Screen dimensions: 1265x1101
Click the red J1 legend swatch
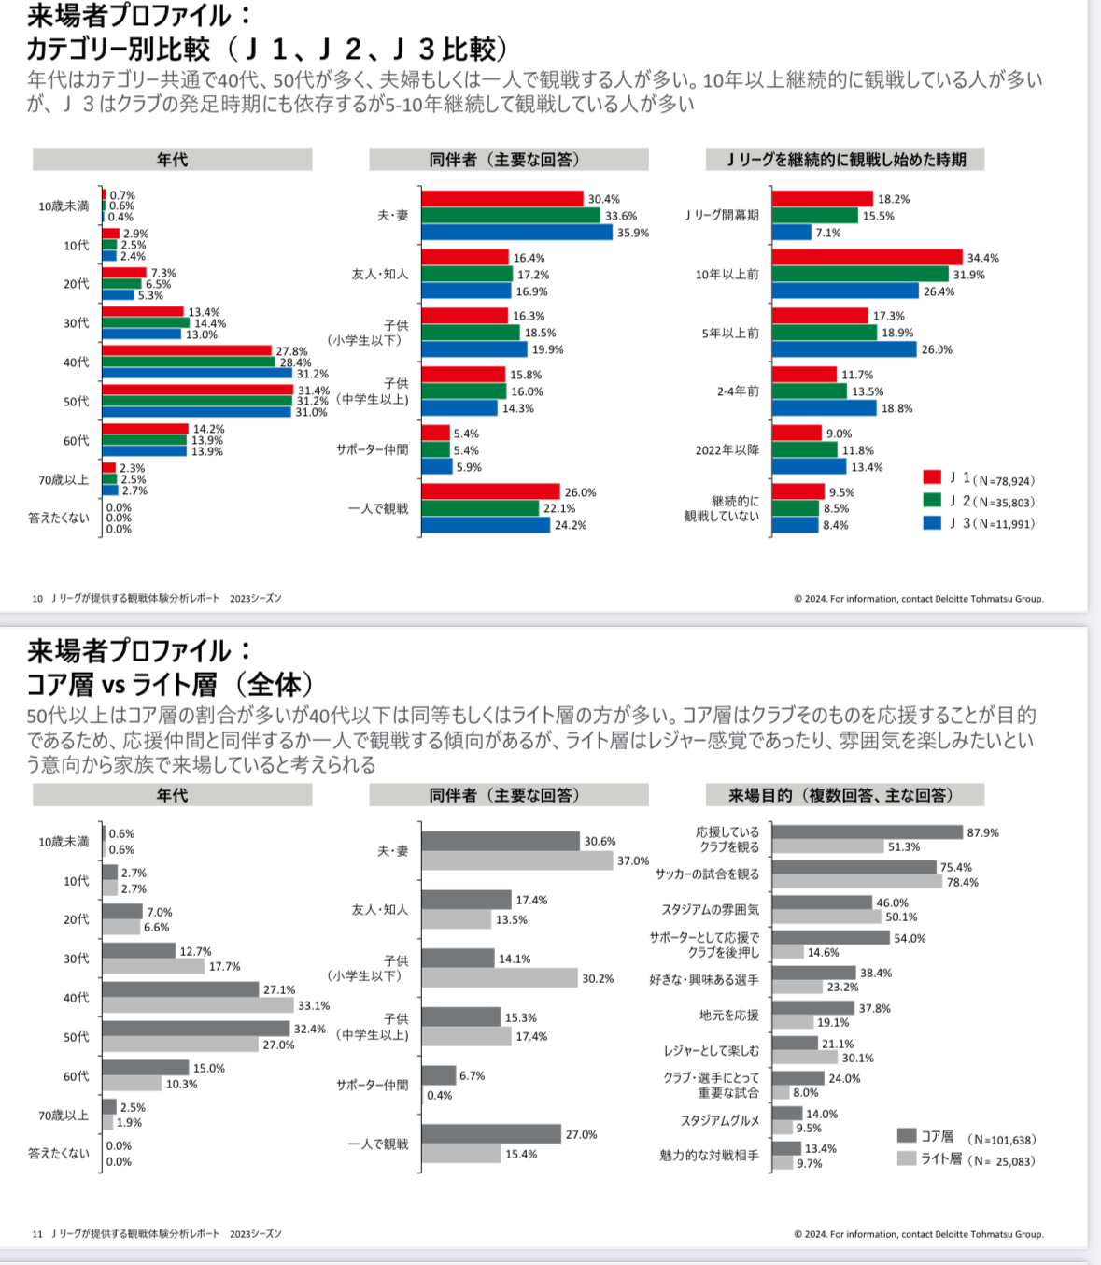click(932, 477)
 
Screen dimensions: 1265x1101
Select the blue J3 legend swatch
click(932, 522)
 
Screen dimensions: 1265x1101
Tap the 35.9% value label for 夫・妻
click(632, 233)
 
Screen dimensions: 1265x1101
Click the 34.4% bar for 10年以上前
click(867, 257)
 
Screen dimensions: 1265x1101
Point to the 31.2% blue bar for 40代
click(197, 373)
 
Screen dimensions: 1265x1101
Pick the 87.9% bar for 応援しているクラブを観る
click(867, 831)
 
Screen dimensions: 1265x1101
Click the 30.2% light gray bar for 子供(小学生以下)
click(500, 977)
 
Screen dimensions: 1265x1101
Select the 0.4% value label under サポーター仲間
click(439, 1095)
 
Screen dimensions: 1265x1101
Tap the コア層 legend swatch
click(907, 1135)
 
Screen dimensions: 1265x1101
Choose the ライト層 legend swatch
click(907, 1158)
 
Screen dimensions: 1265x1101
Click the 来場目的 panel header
click(844, 795)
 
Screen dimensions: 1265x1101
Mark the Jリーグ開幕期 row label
click(722, 216)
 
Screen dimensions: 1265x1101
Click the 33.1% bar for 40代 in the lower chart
click(198, 1005)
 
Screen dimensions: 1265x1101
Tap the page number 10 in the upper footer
click(37, 598)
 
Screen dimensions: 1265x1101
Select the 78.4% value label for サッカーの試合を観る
click(962, 882)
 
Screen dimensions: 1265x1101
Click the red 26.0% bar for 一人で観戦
click(490, 491)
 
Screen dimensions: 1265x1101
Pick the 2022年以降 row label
click(727, 450)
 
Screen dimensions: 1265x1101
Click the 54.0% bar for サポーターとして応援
click(831, 937)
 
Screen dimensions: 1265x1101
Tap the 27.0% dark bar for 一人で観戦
click(491, 1133)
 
